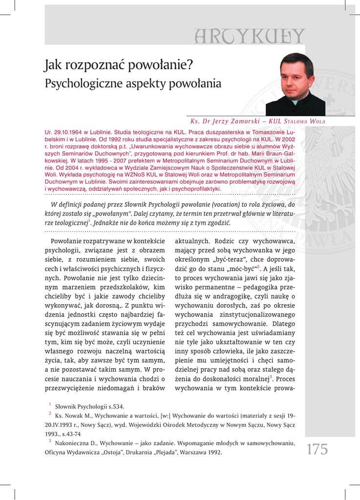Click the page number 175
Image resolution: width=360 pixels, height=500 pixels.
(318, 449)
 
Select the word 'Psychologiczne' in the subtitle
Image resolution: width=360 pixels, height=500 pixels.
(80, 83)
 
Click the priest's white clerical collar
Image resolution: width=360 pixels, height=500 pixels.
(294, 101)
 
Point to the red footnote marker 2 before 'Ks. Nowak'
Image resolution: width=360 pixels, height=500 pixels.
(50, 414)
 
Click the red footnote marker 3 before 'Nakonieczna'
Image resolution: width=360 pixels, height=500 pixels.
(50, 441)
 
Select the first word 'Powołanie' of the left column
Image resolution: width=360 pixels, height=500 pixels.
(66, 241)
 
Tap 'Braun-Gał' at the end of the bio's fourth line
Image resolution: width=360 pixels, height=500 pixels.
(280, 152)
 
